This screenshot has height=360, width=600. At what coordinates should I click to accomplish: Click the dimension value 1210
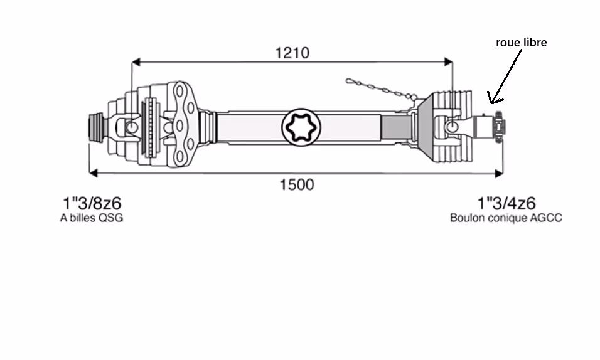(292, 53)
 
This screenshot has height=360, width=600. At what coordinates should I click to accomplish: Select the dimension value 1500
(297, 185)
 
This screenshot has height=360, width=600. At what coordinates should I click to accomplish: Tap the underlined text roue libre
(521, 43)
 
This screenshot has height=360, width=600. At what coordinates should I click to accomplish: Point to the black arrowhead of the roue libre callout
(494, 98)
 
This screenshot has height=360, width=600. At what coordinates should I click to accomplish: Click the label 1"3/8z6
(92, 203)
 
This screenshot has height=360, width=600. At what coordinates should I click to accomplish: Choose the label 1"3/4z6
(506, 203)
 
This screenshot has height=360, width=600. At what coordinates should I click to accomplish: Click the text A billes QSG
(92, 218)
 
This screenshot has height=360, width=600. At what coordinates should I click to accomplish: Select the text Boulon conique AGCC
(506, 218)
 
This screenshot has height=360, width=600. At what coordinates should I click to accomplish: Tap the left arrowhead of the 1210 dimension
(136, 61)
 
